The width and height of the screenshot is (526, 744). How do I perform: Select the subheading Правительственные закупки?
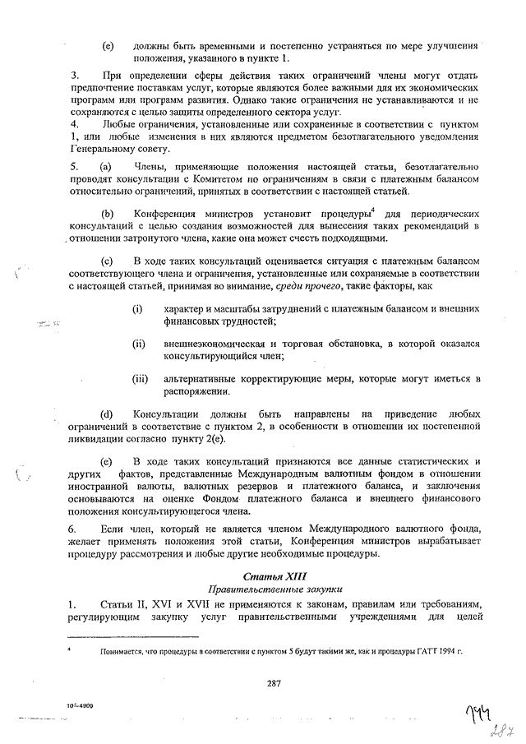pos(274,589)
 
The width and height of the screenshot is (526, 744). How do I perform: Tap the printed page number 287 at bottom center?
pos(274,680)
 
